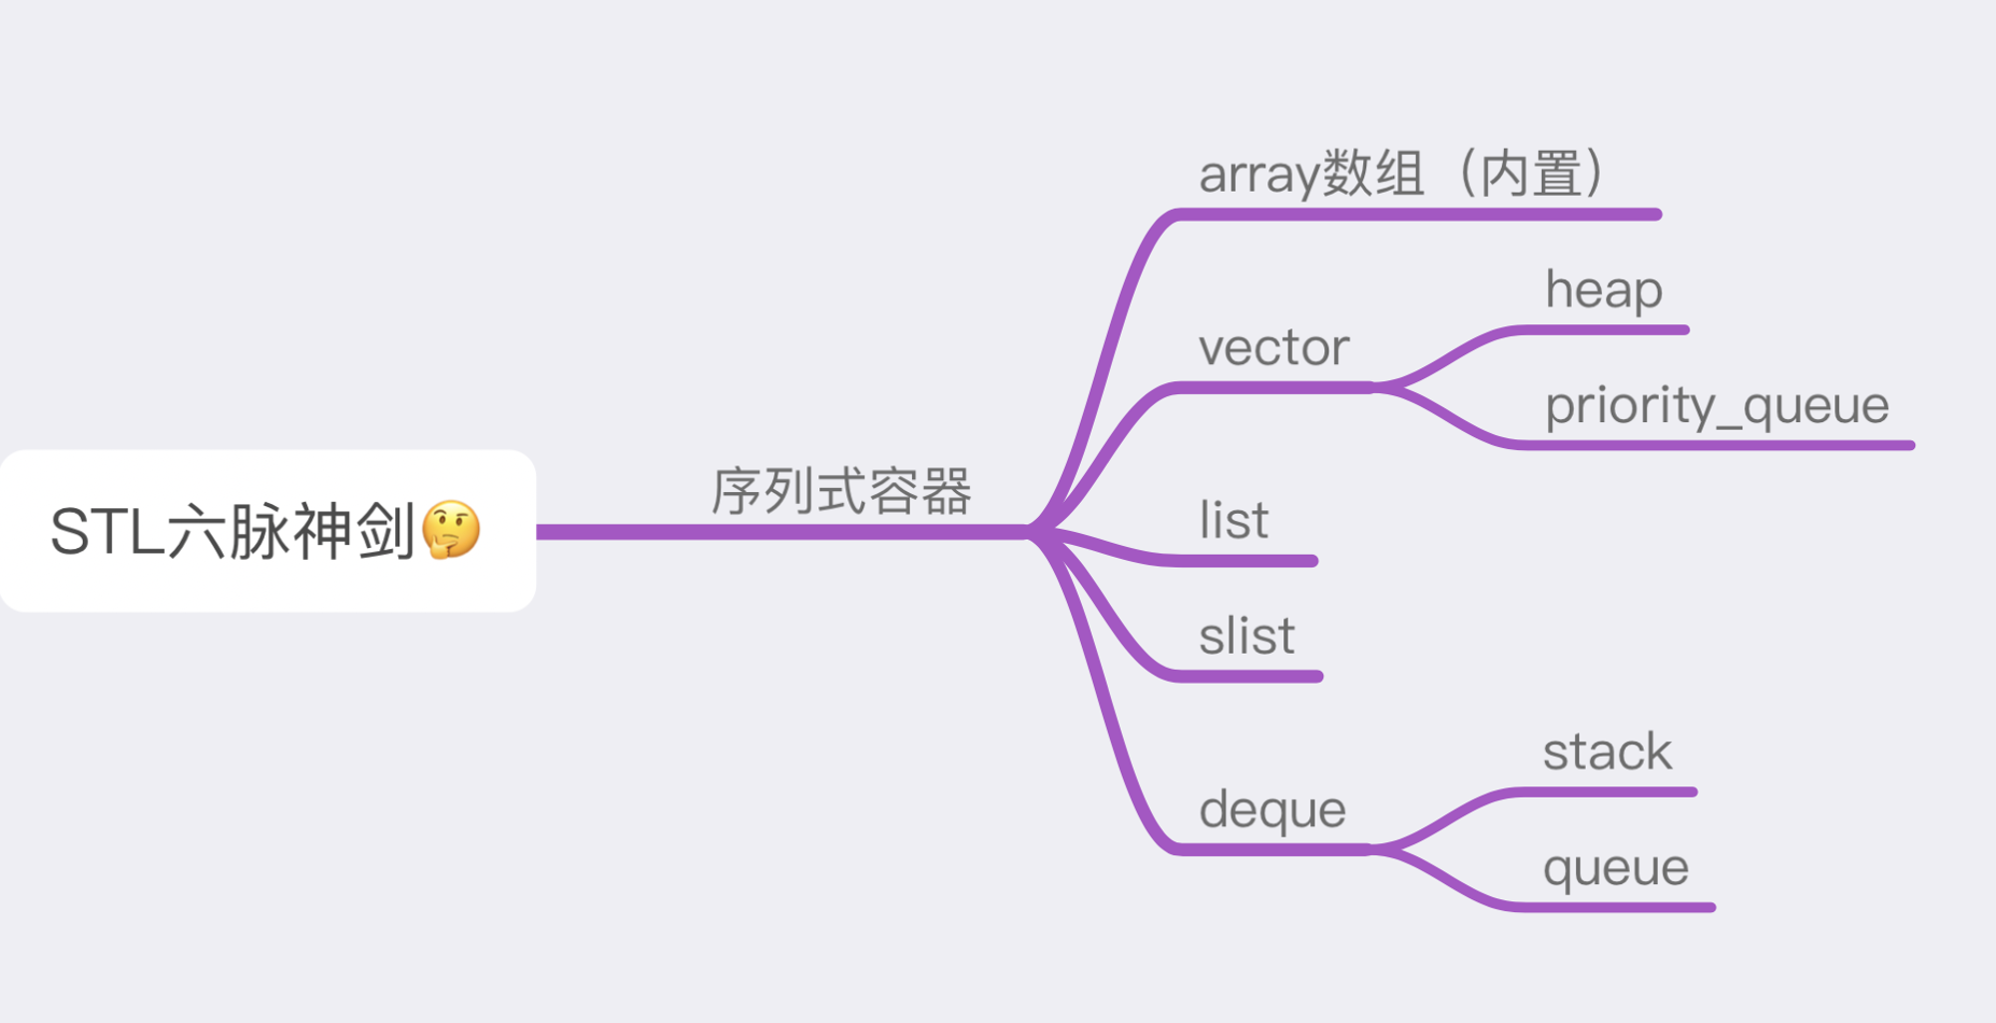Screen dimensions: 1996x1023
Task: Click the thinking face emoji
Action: (x=451, y=530)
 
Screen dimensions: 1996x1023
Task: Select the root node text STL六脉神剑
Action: (x=233, y=531)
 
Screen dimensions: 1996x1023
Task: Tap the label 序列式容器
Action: (x=841, y=491)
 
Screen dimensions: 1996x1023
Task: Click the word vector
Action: (x=1273, y=348)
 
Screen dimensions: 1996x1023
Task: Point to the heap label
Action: (x=1604, y=290)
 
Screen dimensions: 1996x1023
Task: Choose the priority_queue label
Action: (x=1717, y=406)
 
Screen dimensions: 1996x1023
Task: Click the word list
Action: (x=1234, y=520)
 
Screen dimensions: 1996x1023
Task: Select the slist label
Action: (x=1247, y=636)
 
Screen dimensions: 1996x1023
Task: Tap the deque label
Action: (x=1272, y=809)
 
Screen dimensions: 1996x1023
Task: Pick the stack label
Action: (x=1607, y=752)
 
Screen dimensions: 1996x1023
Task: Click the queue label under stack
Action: (x=1616, y=868)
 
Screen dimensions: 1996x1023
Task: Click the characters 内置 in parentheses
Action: (x=1531, y=173)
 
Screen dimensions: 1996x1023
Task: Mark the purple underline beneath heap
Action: (x=1603, y=330)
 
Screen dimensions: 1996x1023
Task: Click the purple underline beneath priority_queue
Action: (x=1716, y=445)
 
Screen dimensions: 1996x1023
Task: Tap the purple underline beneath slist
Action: (x=1247, y=677)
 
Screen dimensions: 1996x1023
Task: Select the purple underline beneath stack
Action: (x=1607, y=792)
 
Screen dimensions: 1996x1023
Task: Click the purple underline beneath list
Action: (x=1246, y=561)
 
